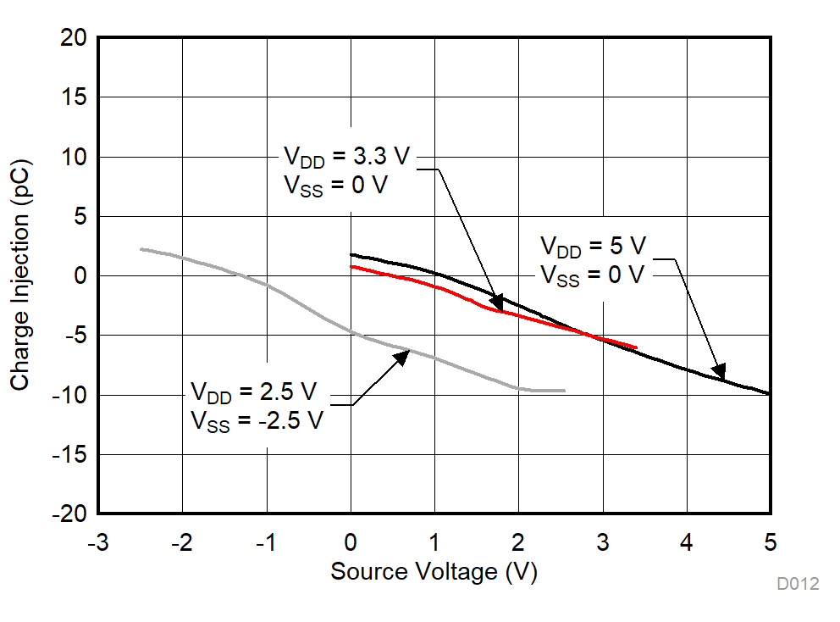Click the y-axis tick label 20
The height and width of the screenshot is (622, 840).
[x=73, y=38]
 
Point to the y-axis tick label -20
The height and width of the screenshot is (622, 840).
[x=69, y=514]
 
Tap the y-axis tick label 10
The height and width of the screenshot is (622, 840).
[x=73, y=157]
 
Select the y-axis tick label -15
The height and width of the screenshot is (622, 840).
[x=69, y=455]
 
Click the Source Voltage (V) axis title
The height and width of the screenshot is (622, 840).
[x=434, y=572]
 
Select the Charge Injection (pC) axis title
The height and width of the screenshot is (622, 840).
[x=20, y=275]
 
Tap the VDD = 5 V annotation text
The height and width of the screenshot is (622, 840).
[x=593, y=247]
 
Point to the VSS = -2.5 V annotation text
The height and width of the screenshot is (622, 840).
[x=257, y=420]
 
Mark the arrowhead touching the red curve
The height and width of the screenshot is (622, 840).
[x=496, y=303]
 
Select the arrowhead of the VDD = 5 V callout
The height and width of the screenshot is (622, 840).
[x=718, y=371]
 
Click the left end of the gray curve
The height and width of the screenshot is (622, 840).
[x=141, y=249]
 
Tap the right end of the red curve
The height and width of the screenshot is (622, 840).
[x=636, y=347]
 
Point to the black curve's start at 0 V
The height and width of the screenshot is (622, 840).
[x=351, y=254]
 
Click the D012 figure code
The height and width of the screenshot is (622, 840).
[x=798, y=584]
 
